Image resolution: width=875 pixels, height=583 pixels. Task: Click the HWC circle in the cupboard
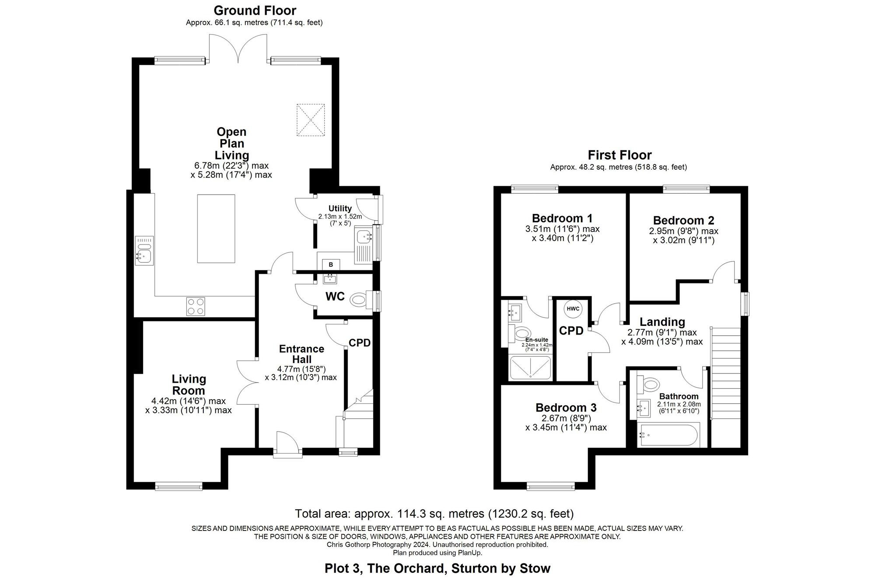click(573, 309)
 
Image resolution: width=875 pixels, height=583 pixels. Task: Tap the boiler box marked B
click(331, 265)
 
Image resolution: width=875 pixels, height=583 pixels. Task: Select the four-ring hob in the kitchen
click(196, 306)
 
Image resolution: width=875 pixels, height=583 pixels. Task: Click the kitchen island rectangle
click(216, 229)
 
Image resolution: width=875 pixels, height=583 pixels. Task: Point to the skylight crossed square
click(311, 120)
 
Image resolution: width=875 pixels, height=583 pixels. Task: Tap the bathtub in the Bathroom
click(668, 435)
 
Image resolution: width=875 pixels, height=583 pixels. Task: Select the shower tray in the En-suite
click(530, 368)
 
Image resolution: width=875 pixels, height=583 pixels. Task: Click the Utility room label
click(340, 209)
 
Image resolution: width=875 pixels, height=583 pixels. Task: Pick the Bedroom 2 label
click(683, 220)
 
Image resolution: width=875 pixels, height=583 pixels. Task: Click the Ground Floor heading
click(255, 10)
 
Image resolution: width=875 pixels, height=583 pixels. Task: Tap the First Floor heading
click(619, 155)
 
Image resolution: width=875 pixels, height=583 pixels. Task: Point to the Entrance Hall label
click(301, 354)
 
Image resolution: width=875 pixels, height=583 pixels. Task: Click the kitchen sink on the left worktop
click(144, 251)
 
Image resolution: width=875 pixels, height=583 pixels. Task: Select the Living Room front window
click(178, 485)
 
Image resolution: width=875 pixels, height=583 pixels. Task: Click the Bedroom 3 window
click(550, 485)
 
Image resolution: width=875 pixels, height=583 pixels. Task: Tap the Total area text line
click(434, 513)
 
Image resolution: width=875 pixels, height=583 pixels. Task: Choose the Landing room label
click(662, 322)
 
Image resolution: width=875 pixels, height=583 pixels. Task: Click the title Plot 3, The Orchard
click(437, 569)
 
